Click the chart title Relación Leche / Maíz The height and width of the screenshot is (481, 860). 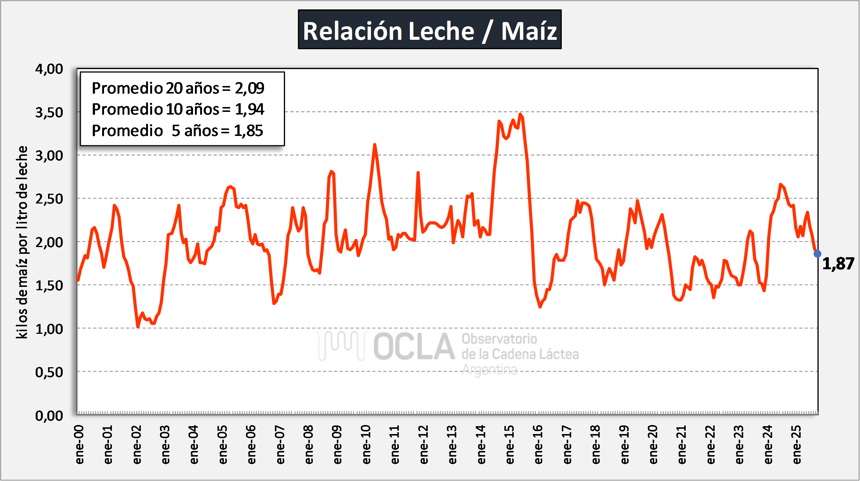[x=430, y=30]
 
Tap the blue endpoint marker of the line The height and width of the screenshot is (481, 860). [x=817, y=254]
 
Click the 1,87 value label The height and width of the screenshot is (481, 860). [x=838, y=264]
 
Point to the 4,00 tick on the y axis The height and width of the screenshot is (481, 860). [x=49, y=69]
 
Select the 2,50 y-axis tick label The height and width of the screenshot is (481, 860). [x=49, y=199]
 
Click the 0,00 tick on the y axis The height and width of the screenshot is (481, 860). [x=49, y=416]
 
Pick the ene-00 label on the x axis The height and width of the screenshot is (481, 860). [x=79, y=445]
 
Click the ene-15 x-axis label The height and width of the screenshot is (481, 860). [x=510, y=445]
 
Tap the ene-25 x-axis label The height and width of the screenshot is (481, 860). [x=797, y=445]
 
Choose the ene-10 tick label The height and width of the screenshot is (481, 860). [x=366, y=445]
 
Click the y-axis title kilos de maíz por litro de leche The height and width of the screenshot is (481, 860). [x=23, y=242]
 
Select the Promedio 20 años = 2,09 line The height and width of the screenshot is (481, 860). [x=178, y=88]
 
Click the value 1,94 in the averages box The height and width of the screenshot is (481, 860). [x=249, y=109]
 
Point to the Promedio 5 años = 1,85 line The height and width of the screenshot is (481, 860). [x=177, y=131]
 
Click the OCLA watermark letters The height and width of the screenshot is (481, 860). [x=414, y=346]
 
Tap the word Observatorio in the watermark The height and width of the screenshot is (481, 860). [x=499, y=339]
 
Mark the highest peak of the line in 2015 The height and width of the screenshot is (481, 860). [x=520, y=114]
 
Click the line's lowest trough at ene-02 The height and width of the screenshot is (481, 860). [x=138, y=327]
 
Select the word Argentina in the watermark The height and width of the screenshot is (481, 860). [x=489, y=370]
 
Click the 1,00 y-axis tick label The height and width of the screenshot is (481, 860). [x=49, y=329]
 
